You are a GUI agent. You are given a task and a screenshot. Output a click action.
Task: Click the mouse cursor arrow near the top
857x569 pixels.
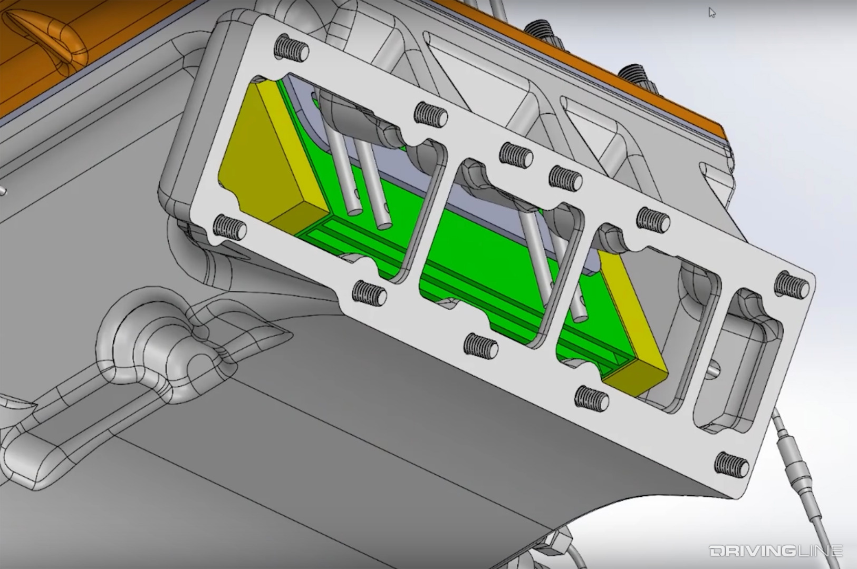[x=712, y=13]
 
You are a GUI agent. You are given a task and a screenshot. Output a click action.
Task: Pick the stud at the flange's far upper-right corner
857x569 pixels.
[x=792, y=284]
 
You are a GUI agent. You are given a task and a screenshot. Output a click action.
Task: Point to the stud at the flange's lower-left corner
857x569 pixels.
[x=230, y=227]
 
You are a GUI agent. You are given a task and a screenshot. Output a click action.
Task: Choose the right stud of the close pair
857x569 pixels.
[x=565, y=178]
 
